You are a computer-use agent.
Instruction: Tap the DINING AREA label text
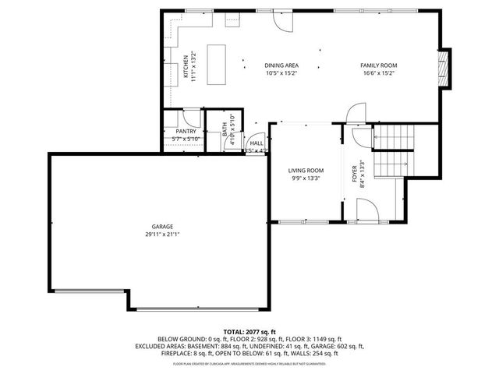click(281, 65)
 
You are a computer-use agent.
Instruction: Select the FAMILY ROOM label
click(379, 65)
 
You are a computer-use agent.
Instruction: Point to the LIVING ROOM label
click(306, 171)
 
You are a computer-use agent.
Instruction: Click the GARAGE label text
click(163, 227)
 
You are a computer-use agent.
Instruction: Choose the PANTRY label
click(186, 132)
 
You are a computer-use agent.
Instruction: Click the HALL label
click(256, 143)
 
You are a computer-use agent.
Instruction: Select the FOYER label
click(354, 173)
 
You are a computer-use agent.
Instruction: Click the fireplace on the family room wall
click(445, 68)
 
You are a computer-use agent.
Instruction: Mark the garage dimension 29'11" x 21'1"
click(163, 235)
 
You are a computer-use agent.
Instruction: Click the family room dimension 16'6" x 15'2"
click(379, 73)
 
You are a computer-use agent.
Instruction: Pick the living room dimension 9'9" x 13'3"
click(306, 178)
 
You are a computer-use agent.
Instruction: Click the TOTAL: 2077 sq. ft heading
click(249, 332)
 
